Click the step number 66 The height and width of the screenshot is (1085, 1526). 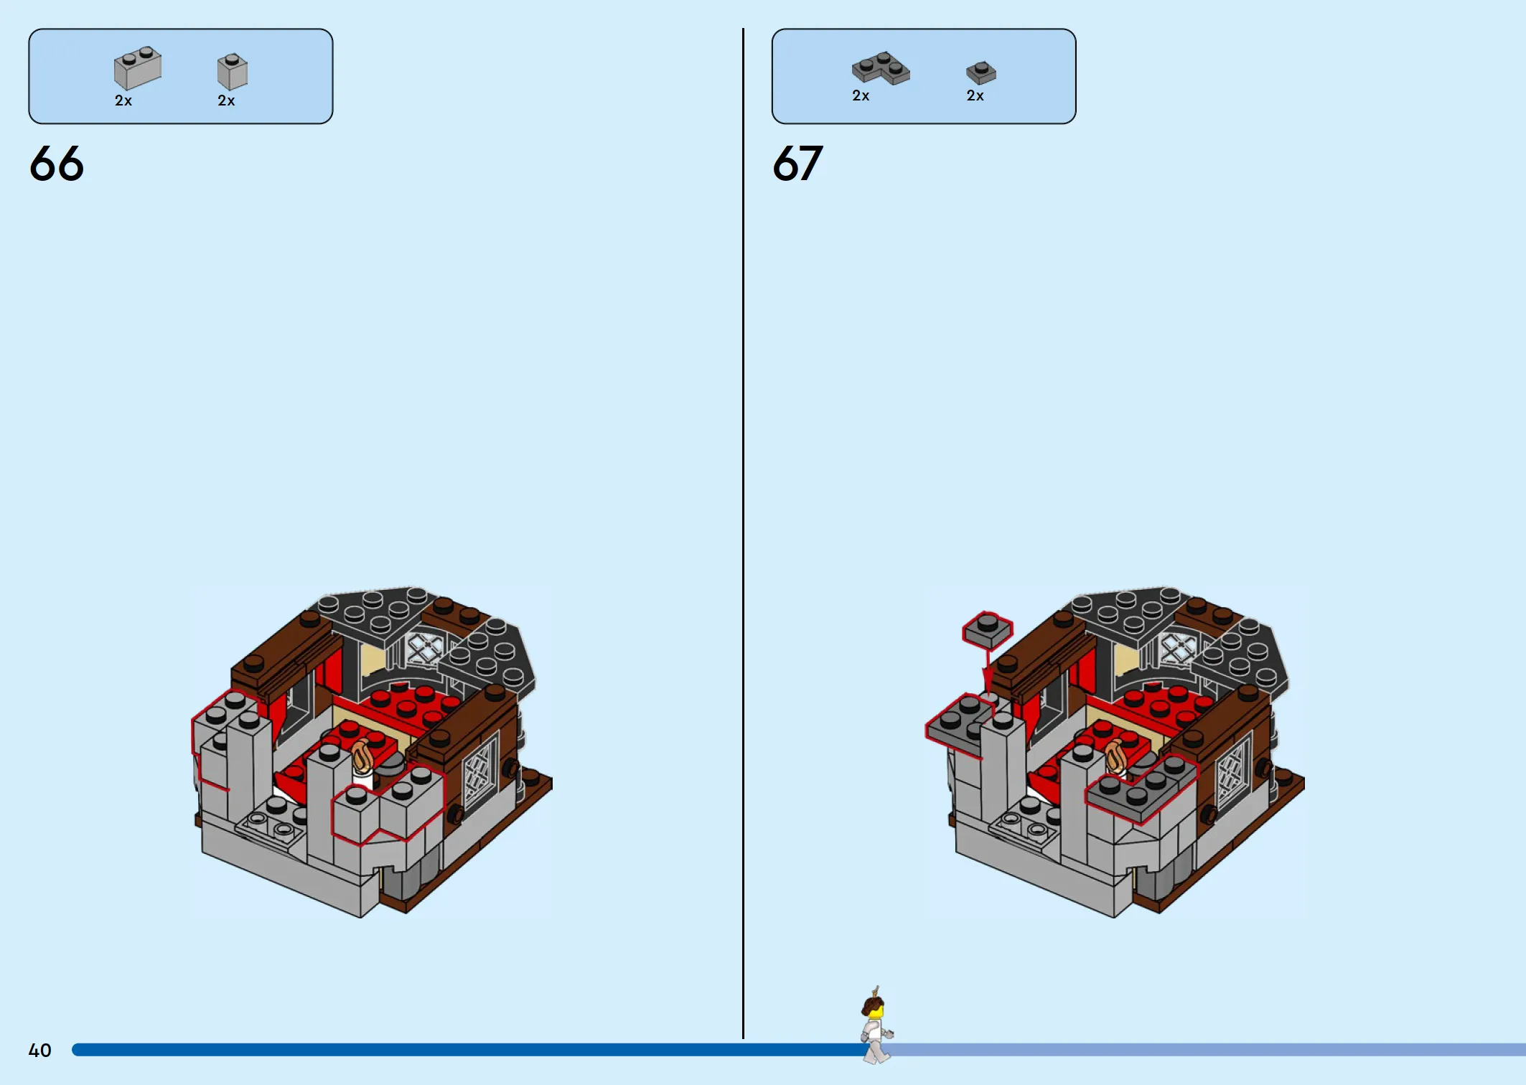[x=57, y=164]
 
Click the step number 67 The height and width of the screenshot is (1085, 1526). [x=797, y=164]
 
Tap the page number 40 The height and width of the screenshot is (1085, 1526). [x=39, y=1051]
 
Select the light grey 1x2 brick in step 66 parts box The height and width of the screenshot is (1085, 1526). [x=138, y=68]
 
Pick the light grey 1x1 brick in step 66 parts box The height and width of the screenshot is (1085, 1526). [x=233, y=71]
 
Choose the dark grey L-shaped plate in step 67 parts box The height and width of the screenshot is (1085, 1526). [x=881, y=68]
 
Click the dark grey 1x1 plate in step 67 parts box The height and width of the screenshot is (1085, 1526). [x=981, y=72]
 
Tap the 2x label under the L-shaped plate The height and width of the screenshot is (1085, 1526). [x=861, y=96]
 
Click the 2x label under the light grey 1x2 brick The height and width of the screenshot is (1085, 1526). [x=123, y=101]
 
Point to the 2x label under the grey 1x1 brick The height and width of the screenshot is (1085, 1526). [x=226, y=101]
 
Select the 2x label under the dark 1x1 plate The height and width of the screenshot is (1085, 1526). [x=975, y=96]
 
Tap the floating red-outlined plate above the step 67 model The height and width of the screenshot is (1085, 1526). [x=988, y=630]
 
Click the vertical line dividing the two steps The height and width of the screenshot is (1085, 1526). [x=743, y=533]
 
